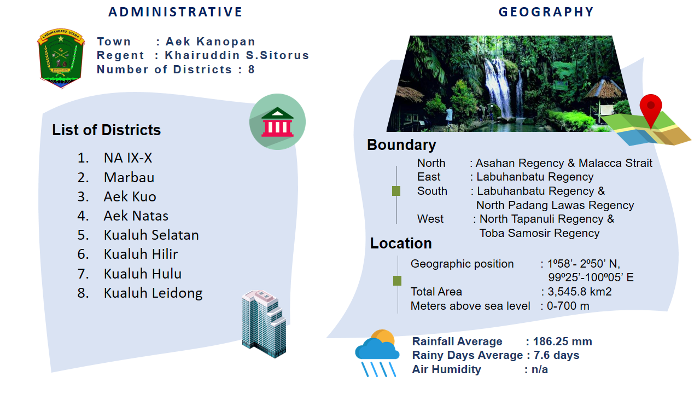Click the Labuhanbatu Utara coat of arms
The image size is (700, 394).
pyautogui.click(x=61, y=58)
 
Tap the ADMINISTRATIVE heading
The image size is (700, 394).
pyautogui.click(x=176, y=12)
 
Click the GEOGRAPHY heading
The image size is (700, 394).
pyautogui.click(x=546, y=12)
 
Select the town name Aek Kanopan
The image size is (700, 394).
pyautogui.click(x=211, y=41)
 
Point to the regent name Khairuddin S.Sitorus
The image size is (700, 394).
pyautogui.click(x=237, y=55)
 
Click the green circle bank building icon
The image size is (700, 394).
pyautogui.click(x=277, y=121)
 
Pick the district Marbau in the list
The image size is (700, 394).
pyautogui.click(x=129, y=177)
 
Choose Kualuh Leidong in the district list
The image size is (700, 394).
pyautogui.click(x=153, y=293)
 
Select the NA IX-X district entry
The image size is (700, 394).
pyautogui.click(x=128, y=158)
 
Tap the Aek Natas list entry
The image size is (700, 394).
pyautogui.click(x=136, y=216)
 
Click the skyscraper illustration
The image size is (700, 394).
pyautogui.click(x=264, y=323)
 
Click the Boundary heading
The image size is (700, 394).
pyautogui.click(x=401, y=145)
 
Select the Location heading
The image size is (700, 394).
pyautogui.click(x=401, y=244)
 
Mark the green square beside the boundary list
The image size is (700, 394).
pyautogui.click(x=396, y=191)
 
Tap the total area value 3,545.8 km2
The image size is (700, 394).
pyautogui.click(x=580, y=292)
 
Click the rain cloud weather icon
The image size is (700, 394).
pyautogui.click(x=377, y=353)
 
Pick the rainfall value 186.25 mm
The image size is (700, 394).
pyautogui.click(x=563, y=341)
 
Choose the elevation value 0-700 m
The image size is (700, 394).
pyautogui.click(x=568, y=306)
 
